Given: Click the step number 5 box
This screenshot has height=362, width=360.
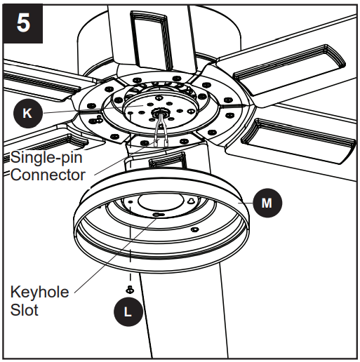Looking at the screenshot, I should tap(24, 24).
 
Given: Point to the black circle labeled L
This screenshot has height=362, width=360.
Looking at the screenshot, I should tap(127, 312).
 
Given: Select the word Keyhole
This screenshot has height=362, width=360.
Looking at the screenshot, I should tap(40, 291).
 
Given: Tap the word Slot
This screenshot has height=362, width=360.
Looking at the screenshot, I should tap(25, 309).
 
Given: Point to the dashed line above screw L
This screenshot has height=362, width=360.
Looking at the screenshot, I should tap(130, 263).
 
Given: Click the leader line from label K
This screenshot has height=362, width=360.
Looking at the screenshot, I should tap(77, 111).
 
